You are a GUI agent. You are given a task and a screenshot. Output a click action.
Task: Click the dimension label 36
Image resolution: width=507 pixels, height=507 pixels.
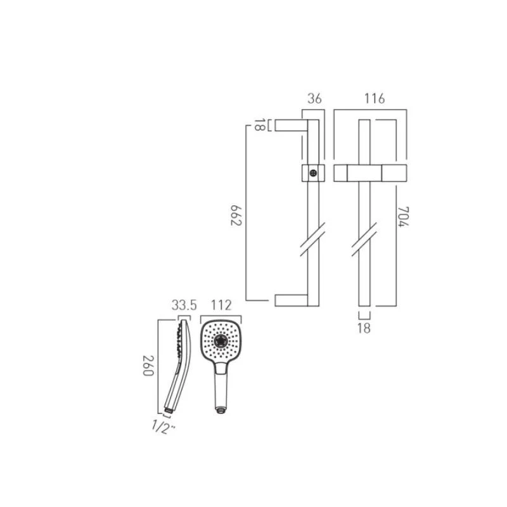[x=314, y=99]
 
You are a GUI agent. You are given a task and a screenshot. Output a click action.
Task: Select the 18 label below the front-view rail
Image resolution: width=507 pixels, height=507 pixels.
[x=364, y=328]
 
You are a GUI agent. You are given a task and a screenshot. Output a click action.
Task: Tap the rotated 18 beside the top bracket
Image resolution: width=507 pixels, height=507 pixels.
[x=259, y=125]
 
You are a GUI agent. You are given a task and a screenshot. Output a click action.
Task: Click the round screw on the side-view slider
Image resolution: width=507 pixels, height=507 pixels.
[x=312, y=172]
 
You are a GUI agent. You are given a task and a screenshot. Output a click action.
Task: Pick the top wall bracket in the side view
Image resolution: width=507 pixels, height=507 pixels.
[x=291, y=125]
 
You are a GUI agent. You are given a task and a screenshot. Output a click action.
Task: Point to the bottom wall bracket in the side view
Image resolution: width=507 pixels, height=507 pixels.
[x=291, y=300]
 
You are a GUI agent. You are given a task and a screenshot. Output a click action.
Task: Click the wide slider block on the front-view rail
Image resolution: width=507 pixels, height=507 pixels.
[x=369, y=172]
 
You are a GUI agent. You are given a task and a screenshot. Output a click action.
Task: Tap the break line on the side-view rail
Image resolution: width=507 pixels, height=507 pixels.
[x=312, y=239]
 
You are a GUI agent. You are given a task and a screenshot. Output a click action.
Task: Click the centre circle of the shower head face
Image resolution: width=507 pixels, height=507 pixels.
[x=221, y=341]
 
